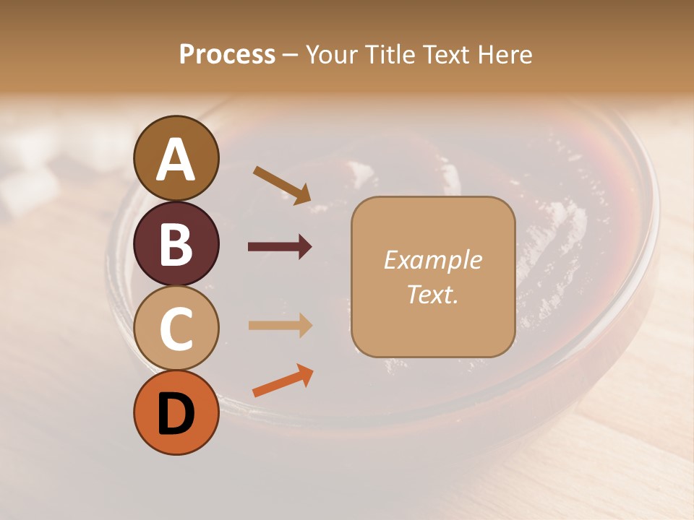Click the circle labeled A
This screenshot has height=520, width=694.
(x=176, y=158)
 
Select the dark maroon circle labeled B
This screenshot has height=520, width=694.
(x=176, y=243)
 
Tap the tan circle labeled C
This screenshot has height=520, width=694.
(x=176, y=329)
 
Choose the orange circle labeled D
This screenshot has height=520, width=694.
(x=176, y=413)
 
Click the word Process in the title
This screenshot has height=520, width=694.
(x=227, y=54)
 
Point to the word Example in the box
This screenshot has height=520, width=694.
(x=432, y=260)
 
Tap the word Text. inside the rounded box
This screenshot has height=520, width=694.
(x=432, y=294)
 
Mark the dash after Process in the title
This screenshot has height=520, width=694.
(x=291, y=55)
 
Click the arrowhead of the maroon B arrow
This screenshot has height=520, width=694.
(x=305, y=247)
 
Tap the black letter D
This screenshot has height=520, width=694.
(x=176, y=415)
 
